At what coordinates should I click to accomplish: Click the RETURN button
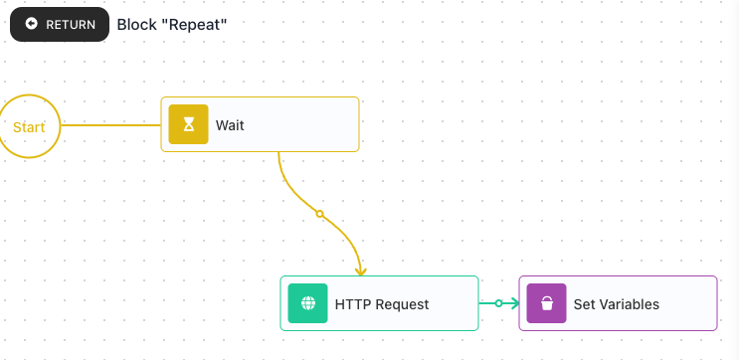[60, 25]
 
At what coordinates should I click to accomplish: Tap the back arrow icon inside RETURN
[32, 24]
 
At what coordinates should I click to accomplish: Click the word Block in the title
[137, 25]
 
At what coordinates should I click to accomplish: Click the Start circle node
[29, 126]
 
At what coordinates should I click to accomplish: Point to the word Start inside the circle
[29, 127]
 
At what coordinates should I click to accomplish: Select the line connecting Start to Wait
[110, 125]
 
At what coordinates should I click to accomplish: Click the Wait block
[261, 124]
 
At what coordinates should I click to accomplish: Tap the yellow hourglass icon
[189, 124]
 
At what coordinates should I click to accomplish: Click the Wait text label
[230, 125]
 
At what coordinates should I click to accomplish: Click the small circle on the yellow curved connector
[319, 214]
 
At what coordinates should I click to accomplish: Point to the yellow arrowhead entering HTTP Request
[361, 271]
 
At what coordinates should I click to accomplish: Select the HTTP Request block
[379, 303]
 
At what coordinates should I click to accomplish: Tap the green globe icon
[307, 303]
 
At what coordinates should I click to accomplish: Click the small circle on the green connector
[498, 303]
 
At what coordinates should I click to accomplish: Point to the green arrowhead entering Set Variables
[514, 303]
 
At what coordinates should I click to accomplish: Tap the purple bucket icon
[546, 303]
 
